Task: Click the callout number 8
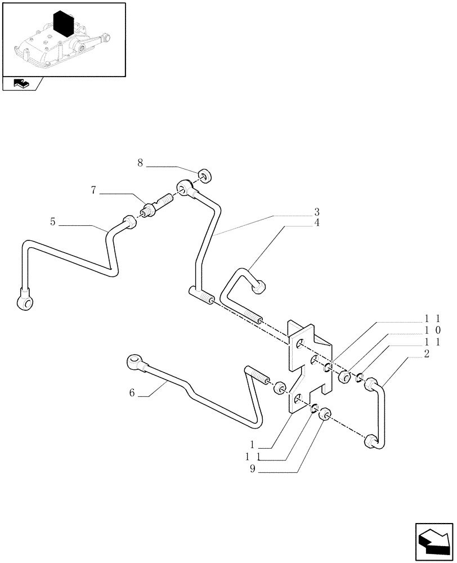tap(140, 163)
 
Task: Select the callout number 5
tap(52, 222)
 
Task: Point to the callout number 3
tap(317, 212)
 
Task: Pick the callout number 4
tap(317, 223)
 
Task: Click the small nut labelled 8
tap(205, 177)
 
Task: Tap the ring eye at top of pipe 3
tap(185, 187)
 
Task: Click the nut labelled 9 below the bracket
tap(324, 417)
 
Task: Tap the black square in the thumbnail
tap(64, 26)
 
